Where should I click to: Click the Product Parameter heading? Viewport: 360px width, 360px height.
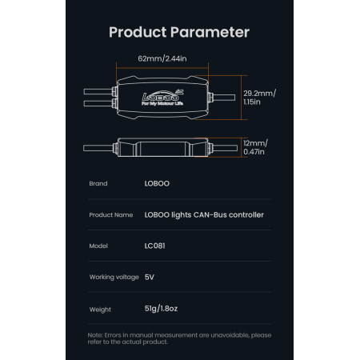[x=179, y=32]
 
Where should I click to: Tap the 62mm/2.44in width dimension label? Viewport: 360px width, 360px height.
[x=162, y=58]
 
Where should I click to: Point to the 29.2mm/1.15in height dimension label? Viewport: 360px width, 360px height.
[x=259, y=98]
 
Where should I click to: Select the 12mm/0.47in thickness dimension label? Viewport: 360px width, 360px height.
[x=255, y=147]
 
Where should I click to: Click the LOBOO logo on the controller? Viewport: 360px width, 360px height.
[x=162, y=98]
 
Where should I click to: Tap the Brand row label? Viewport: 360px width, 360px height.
[x=98, y=183]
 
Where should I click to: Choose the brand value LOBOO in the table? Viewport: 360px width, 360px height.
[x=157, y=183]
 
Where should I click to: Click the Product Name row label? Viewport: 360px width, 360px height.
[x=111, y=214]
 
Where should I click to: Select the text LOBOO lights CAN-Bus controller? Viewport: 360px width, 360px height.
[x=204, y=215]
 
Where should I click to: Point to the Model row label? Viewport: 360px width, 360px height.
[x=98, y=246]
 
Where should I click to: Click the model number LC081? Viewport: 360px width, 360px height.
[x=154, y=246]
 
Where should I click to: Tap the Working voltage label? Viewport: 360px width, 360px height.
[x=114, y=277]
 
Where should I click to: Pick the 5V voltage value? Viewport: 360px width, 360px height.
[x=150, y=277]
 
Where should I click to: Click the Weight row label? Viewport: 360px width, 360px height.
[x=100, y=310]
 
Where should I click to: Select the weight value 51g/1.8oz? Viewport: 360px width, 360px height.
[x=161, y=309]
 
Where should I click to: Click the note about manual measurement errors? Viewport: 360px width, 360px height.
[x=179, y=338]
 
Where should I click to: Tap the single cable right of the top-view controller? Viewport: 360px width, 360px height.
[x=224, y=98]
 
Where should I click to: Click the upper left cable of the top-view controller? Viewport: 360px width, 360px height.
[x=98, y=91]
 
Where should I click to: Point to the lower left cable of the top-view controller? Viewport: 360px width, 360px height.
[x=98, y=103]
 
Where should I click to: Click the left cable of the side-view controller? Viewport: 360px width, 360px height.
[x=98, y=148]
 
